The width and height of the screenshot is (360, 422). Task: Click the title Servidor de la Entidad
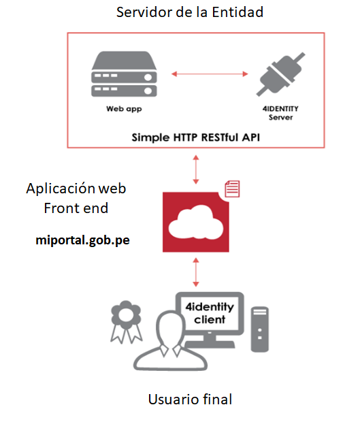point(190,12)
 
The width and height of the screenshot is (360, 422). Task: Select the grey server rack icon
point(124,74)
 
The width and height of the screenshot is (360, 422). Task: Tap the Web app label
point(124,109)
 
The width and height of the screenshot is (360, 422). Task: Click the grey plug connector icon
point(280,74)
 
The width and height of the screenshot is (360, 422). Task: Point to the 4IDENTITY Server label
point(280,113)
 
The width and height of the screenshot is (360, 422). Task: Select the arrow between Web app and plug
point(210,74)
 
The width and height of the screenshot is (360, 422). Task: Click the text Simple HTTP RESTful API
point(195,137)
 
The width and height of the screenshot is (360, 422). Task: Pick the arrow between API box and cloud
point(196,169)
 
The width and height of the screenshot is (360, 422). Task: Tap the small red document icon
point(232,189)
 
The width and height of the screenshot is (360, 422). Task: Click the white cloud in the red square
point(196,223)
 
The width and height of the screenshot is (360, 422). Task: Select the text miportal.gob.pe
point(82,240)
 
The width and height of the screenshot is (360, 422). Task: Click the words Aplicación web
point(76,188)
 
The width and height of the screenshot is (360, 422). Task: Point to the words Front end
point(76,208)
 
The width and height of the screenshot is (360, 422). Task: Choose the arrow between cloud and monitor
point(196,272)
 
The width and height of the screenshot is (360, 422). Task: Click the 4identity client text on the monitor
point(210,313)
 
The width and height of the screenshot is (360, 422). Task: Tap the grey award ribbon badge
point(126,322)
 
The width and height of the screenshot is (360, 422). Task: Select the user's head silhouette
point(171,328)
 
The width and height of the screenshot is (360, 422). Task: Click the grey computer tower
point(260,329)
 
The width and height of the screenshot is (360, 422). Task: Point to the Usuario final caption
point(190,399)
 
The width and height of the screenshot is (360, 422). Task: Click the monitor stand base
point(210,344)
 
